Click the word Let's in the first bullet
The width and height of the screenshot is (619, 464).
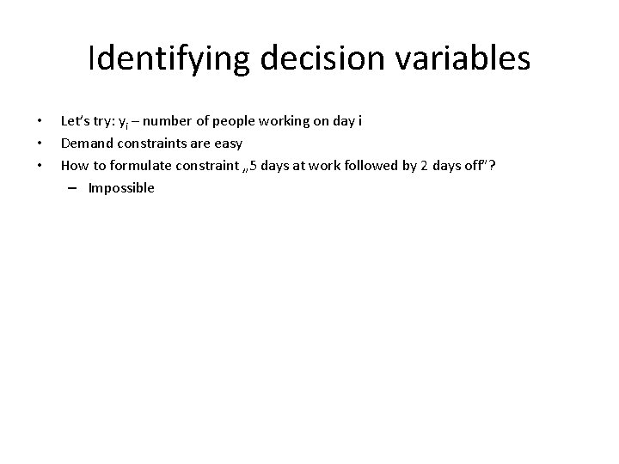[75, 120]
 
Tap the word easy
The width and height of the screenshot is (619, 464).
[225, 143]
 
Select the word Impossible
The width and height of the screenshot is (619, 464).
[121, 187]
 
